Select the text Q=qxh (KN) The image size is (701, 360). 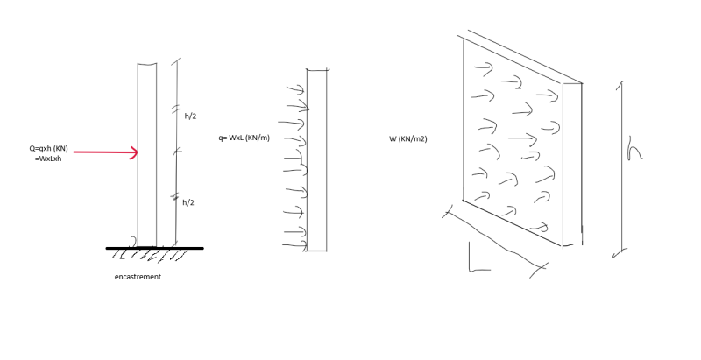(49, 149)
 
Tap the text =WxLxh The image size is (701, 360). (48, 159)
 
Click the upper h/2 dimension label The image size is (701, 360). (190, 116)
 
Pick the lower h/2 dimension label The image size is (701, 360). (188, 203)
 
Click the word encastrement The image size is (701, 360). (138, 277)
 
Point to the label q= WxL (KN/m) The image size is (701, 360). (244, 138)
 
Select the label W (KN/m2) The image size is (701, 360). (407, 139)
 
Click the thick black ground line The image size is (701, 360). (155, 248)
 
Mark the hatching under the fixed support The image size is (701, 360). (150, 255)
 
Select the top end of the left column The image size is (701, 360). (147, 64)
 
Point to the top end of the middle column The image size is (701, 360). (317, 70)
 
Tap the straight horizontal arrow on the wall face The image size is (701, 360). (522, 139)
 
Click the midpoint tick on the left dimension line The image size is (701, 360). (177, 152)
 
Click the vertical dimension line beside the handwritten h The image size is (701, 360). (621, 169)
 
